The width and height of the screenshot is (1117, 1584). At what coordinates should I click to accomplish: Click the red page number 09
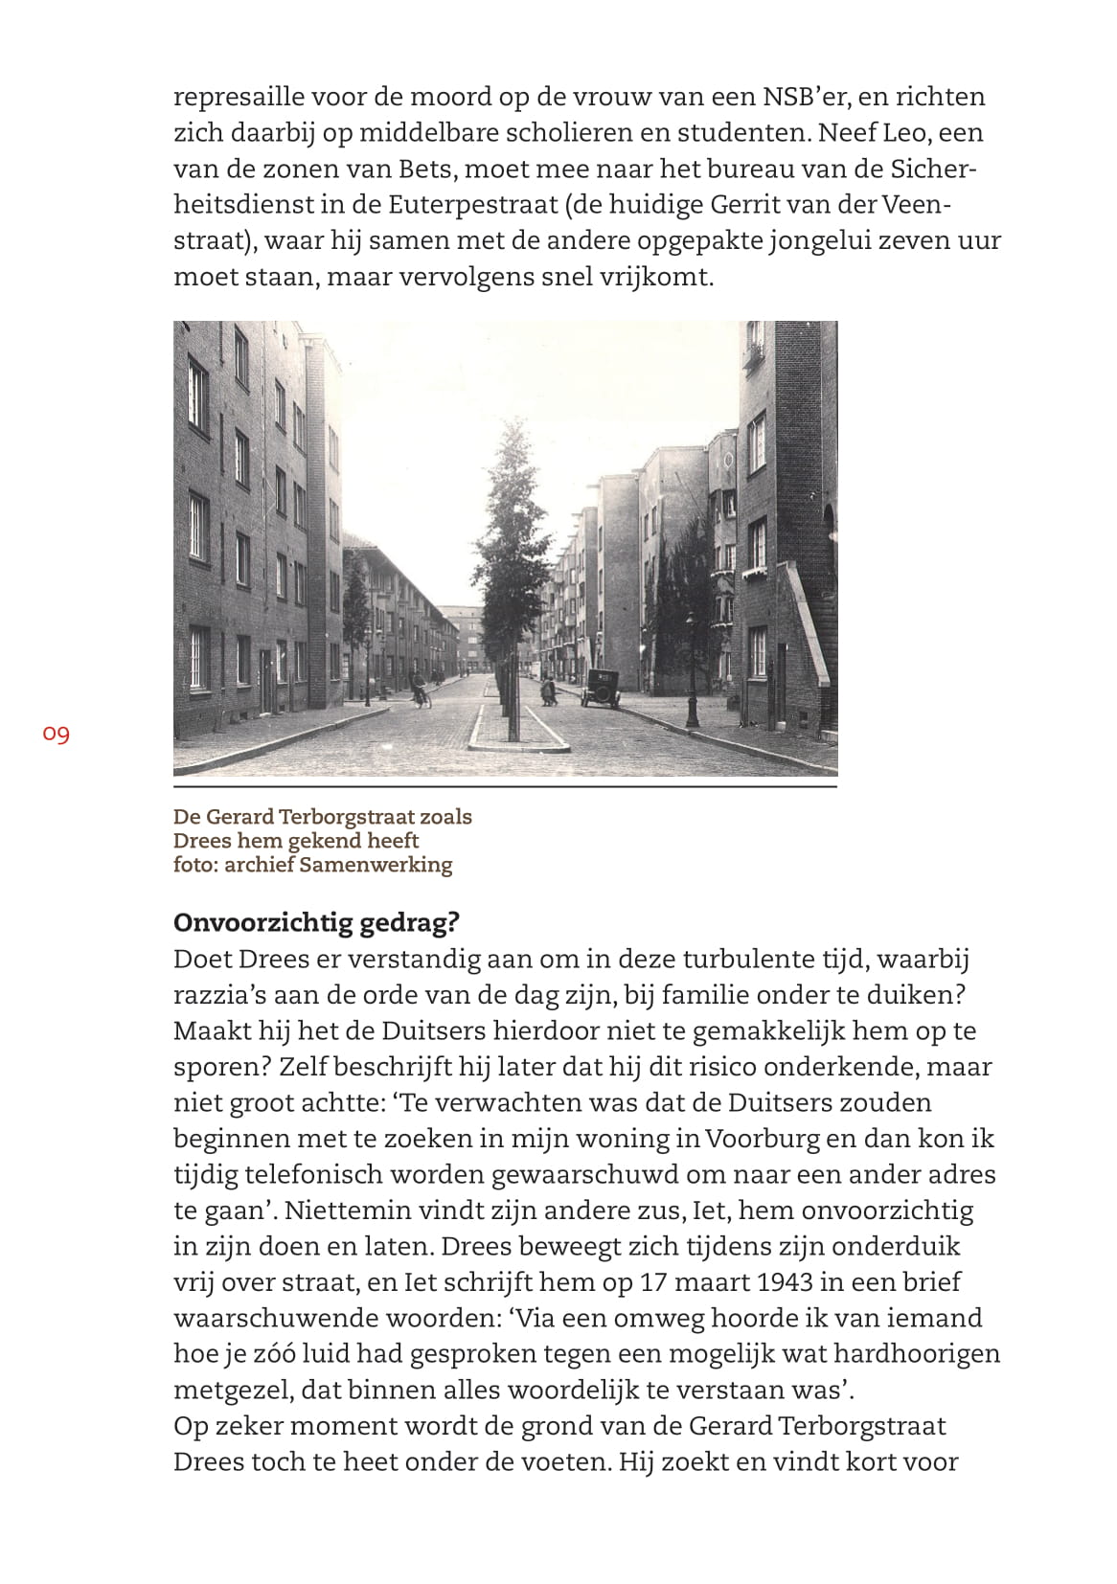tap(57, 735)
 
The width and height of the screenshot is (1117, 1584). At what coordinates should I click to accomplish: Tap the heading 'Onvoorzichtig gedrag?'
tap(317, 922)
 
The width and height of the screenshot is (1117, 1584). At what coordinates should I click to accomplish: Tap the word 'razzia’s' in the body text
tap(215, 995)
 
